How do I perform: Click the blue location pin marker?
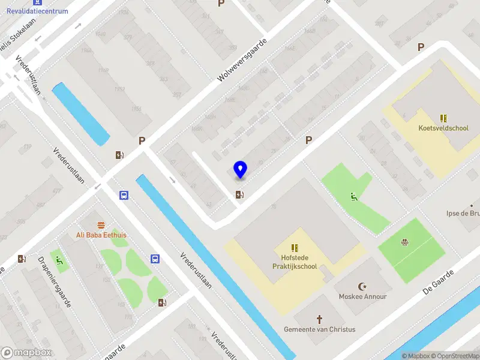[x=240, y=170]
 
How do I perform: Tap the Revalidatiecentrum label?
[x=37, y=11]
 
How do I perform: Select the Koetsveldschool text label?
[x=443, y=128]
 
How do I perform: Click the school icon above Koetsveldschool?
[x=443, y=118]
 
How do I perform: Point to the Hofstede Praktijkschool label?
[x=294, y=261]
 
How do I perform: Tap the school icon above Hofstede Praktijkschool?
[x=295, y=247]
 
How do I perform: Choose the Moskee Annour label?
[x=362, y=296]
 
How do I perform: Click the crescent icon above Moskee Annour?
[x=362, y=286]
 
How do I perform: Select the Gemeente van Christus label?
[x=320, y=329]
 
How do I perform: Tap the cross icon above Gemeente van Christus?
[x=320, y=319]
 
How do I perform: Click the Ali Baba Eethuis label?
[x=101, y=235]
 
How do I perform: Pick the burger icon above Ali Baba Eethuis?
[x=101, y=225]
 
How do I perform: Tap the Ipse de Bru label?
[x=463, y=213]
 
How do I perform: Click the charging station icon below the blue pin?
[x=240, y=194]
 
